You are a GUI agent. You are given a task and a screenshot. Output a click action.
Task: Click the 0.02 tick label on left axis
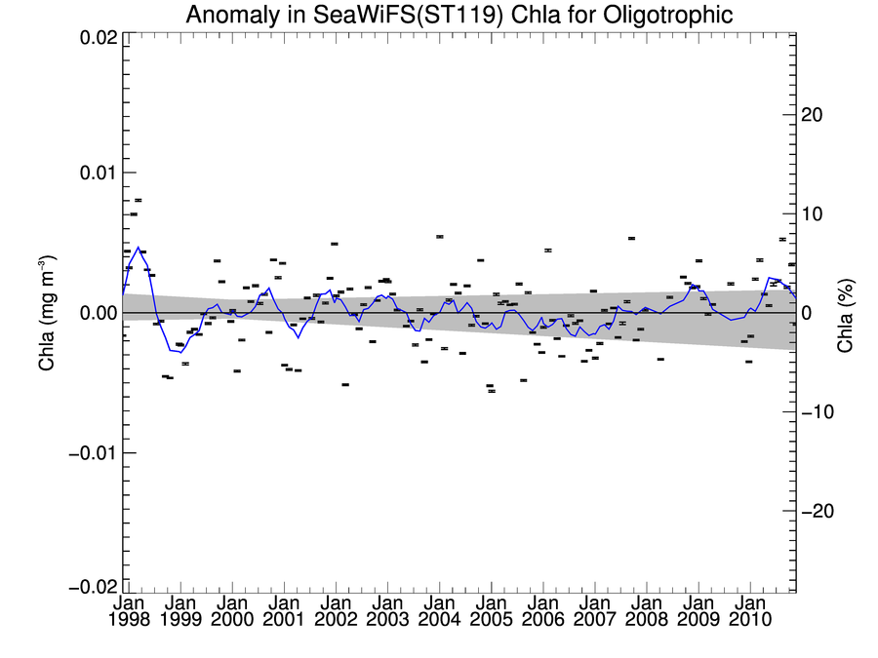click(97, 37)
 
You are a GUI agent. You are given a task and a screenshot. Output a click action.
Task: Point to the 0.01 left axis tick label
click(97, 173)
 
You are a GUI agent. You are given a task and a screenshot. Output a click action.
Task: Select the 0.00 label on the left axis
click(97, 313)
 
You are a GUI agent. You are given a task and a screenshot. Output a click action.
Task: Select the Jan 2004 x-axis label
click(439, 610)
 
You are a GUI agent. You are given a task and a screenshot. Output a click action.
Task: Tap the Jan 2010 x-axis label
click(749, 610)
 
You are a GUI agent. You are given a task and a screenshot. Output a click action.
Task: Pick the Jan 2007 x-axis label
click(594, 610)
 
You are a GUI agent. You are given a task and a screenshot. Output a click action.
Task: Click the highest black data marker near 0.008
click(138, 200)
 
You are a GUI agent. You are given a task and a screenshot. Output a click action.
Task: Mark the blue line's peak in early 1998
click(138, 248)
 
